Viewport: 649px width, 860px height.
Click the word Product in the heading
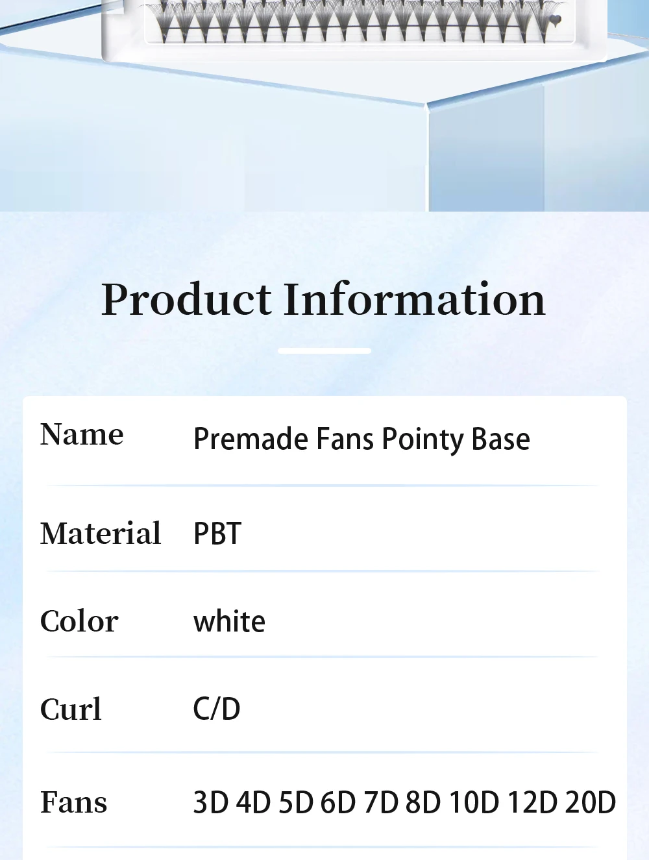(186, 301)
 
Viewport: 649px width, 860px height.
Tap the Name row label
(82, 434)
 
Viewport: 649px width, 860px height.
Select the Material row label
(101, 534)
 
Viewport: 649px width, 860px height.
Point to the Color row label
(79, 621)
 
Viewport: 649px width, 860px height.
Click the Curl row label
(71, 709)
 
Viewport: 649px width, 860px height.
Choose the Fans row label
(73, 802)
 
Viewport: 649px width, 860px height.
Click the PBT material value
(217, 534)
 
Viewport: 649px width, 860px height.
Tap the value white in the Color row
(229, 622)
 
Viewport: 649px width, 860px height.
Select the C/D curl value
(217, 709)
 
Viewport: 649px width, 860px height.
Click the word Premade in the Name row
(251, 439)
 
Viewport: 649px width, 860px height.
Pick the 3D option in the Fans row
(211, 802)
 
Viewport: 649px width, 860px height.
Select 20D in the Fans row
(590, 802)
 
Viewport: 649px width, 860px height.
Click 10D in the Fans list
(474, 802)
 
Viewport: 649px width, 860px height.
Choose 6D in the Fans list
(338, 802)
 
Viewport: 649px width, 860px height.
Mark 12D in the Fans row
(532, 802)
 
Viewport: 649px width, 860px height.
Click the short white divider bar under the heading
(324, 350)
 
